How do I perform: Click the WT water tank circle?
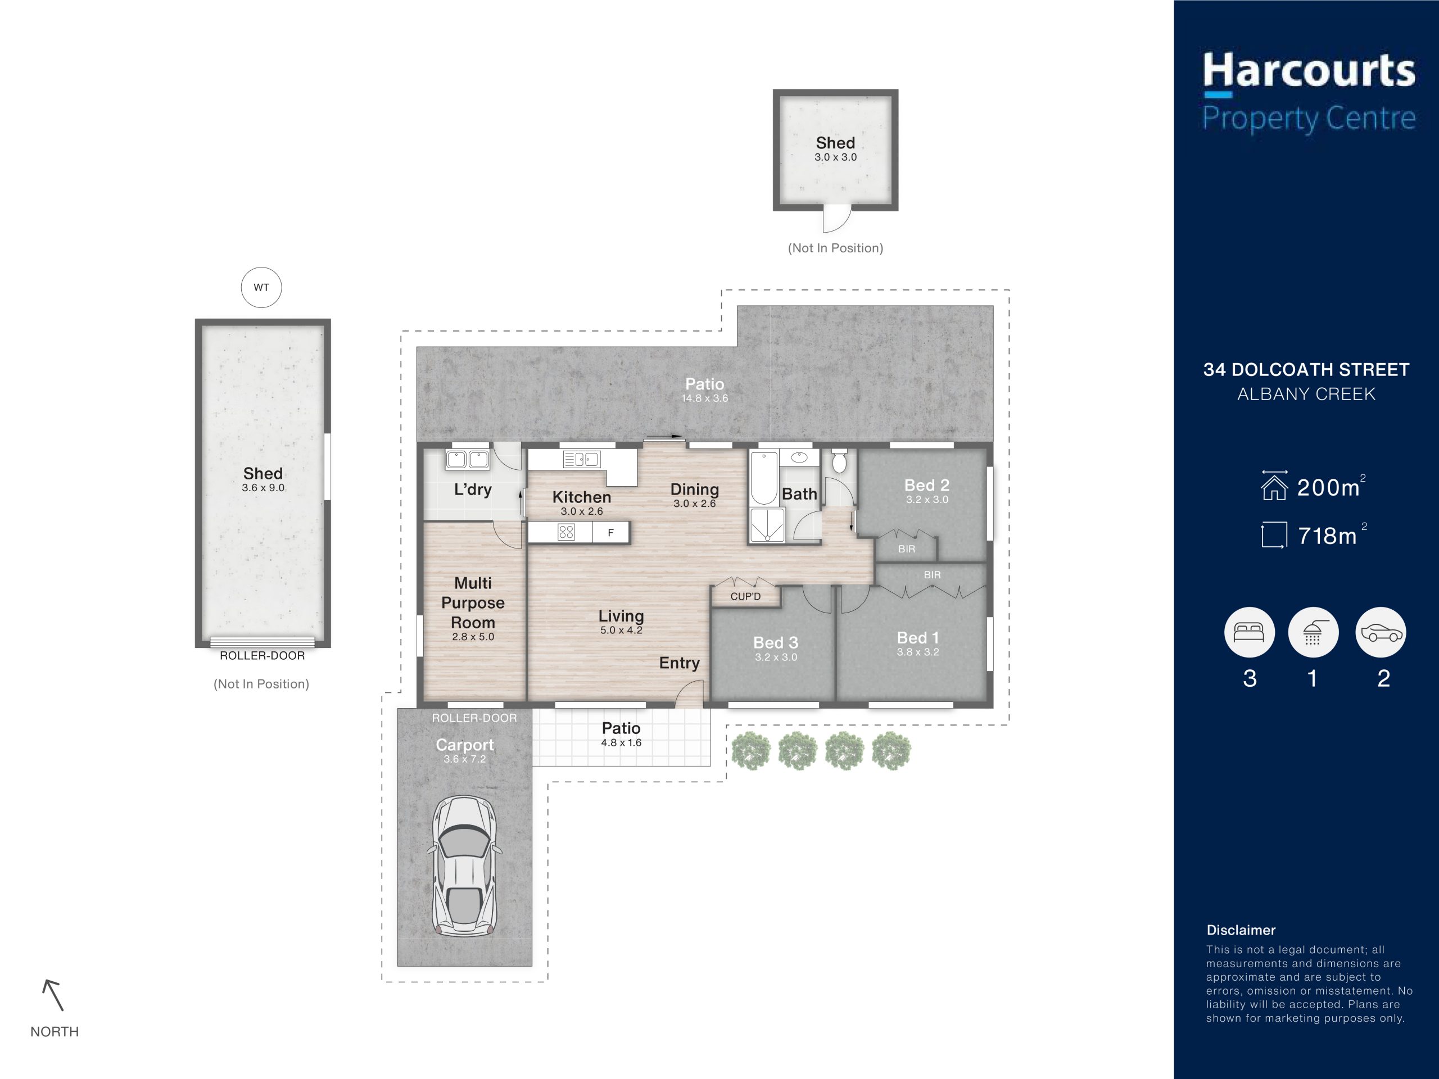click(x=261, y=288)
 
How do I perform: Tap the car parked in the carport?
click(x=464, y=865)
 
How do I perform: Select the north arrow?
click(x=53, y=995)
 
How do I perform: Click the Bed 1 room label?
click(x=917, y=638)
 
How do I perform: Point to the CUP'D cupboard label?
click(x=745, y=596)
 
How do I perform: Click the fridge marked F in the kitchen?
click(x=611, y=533)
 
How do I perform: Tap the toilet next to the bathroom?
click(x=839, y=460)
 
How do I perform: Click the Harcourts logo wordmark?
click(x=1309, y=71)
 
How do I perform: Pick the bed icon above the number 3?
click(x=1249, y=632)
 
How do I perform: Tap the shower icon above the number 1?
click(x=1313, y=632)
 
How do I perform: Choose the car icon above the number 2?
click(x=1381, y=632)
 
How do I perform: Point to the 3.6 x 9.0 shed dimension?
click(x=263, y=488)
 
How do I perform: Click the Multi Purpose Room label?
click(x=473, y=603)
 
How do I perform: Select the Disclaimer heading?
click(x=1241, y=930)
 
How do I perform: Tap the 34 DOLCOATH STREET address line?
click(x=1306, y=370)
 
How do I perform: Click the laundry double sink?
click(x=468, y=459)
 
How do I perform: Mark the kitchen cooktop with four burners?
click(x=566, y=533)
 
